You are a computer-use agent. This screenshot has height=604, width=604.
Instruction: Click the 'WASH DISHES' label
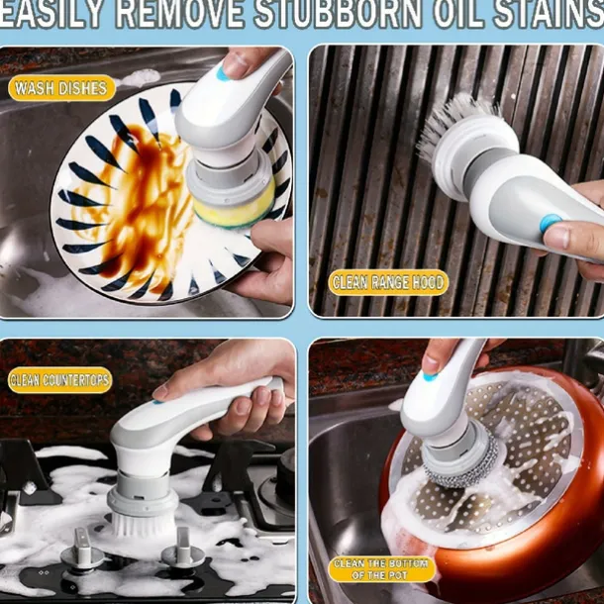[61, 88]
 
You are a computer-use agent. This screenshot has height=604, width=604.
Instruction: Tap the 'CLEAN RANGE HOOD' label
[388, 282]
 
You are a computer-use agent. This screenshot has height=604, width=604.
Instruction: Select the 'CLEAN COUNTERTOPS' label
[59, 380]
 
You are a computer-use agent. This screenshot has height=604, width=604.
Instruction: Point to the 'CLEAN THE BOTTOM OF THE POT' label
[381, 569]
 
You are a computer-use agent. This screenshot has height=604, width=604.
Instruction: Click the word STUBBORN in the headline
[338, 14]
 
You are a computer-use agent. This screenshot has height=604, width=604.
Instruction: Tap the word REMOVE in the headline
[179, 14]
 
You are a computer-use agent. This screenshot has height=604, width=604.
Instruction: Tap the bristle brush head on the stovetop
[143, 525]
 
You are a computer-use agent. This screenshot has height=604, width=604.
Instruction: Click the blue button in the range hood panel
[551, 224]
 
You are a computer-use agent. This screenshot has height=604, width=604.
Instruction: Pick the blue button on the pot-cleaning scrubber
[431, 376]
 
